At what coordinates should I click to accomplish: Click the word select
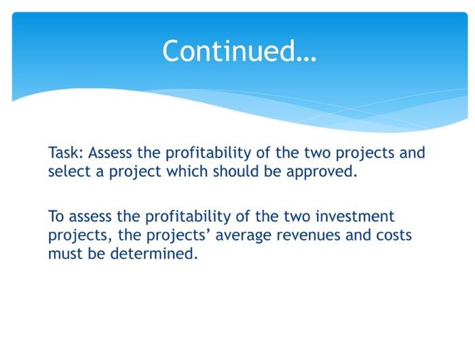click(69, 171)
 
